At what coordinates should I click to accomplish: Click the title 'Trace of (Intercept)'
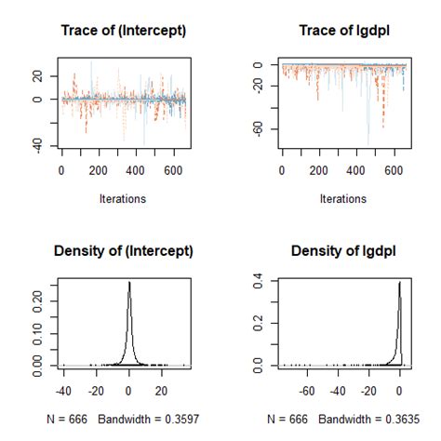[123, 32]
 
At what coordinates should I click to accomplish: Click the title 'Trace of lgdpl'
[343, 32]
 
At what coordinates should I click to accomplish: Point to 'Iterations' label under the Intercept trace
[123, 198]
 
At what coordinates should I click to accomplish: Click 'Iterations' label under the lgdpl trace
[343, 198]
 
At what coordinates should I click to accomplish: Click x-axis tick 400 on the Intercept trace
[136, 171]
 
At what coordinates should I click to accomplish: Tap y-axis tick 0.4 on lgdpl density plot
[260, 278]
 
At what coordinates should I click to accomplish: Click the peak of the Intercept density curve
[129, 282]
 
